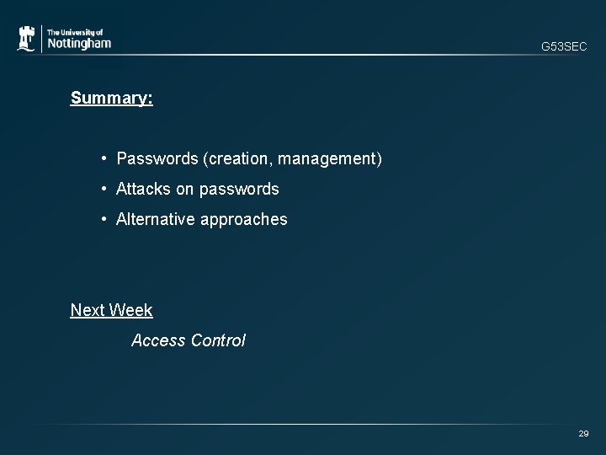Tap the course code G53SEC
pyautogui.click(x=564, y=47)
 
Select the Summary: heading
pyautogui.click(x=111, y=99)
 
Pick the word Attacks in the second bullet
pyautogui.click(x=143, y=189)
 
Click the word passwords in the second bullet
pyautogui.click(x=240, y=189)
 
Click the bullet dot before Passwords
pyautogui.click(x=102, y=158)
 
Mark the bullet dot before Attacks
pyautogui.click(x=102, y=189)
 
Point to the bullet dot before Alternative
pyautogui.click(x=102, y=219)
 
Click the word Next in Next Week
pyautogui.click(x=88, y=310)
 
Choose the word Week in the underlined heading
pyautogui.click(x=131, y=310)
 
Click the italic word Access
pyautogui.click(x=158, y=340)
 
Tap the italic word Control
pyautogui.click(x=218, y=340)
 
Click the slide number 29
pyautogui.click(x=583, y=433)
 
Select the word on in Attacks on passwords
pyautogui.click(x=185, y=189)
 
